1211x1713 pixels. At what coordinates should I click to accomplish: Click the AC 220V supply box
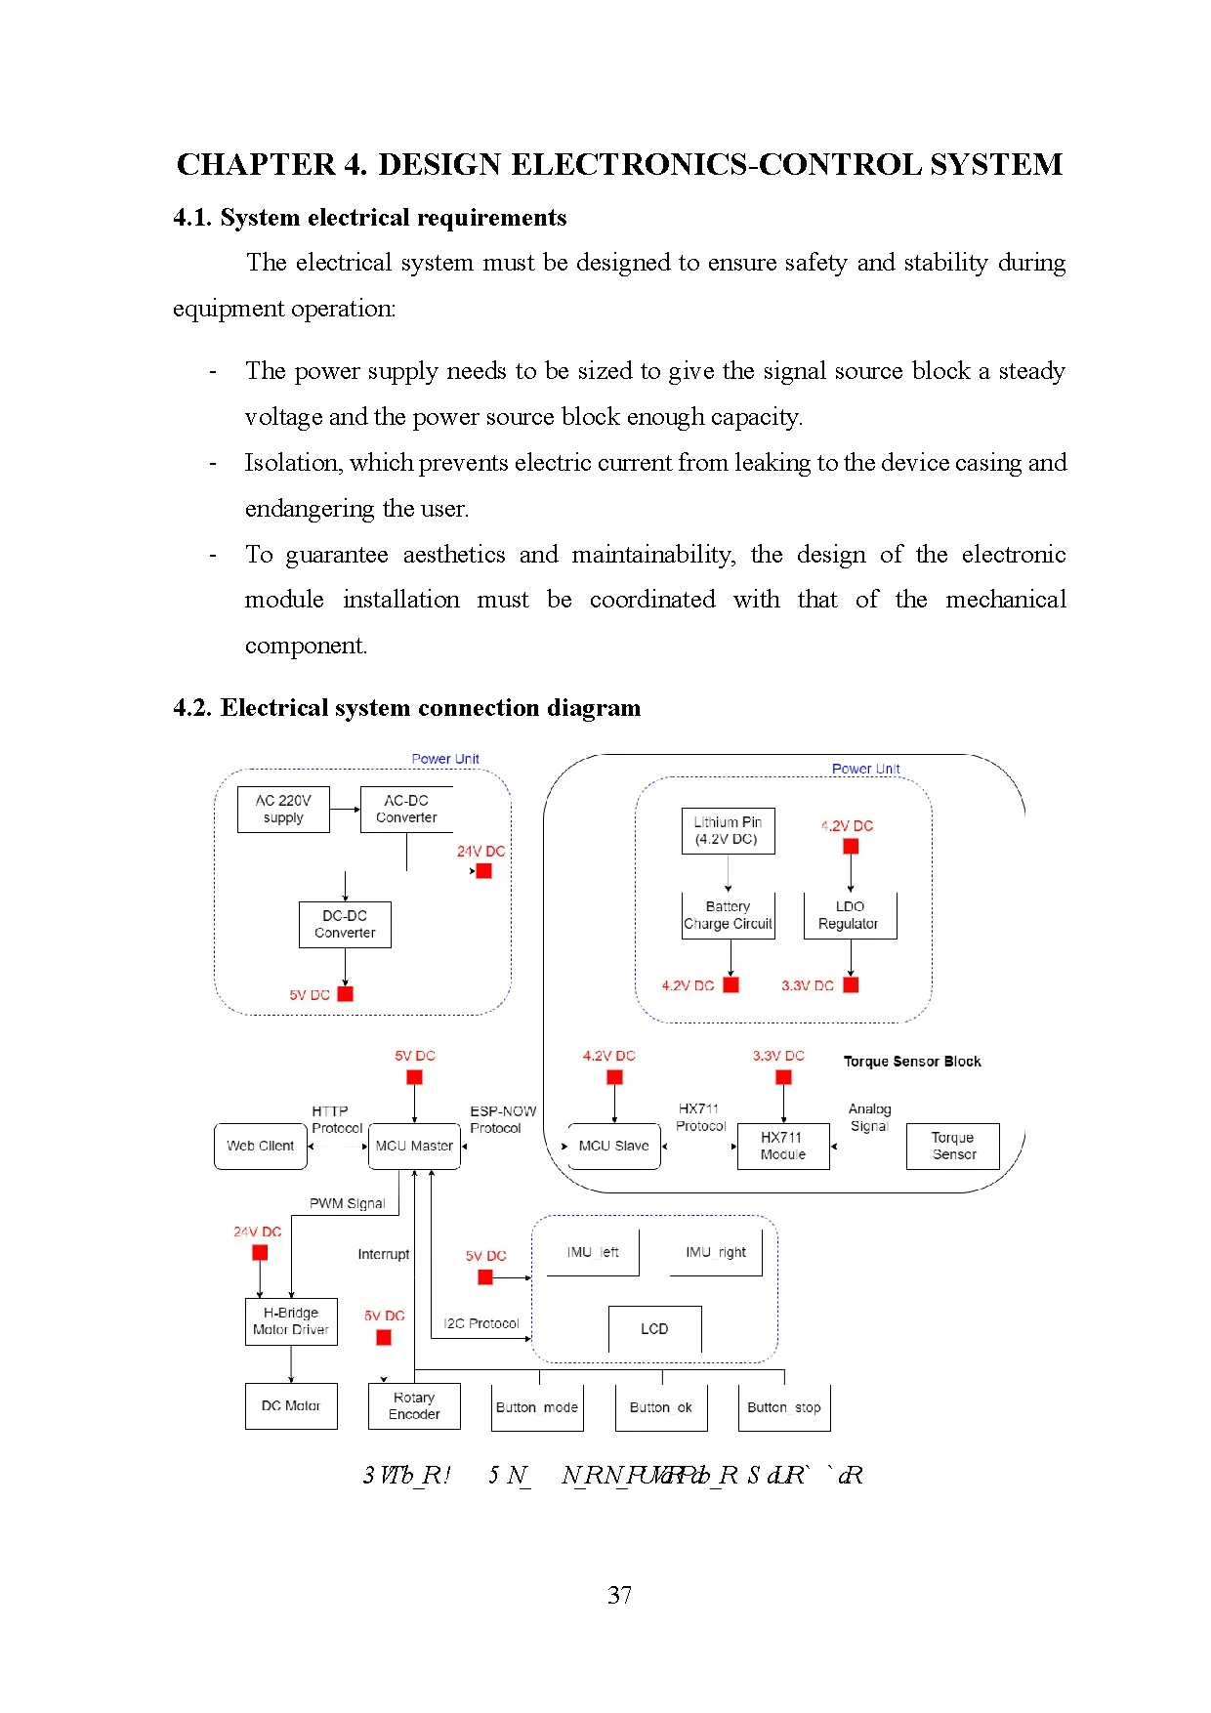click(283, 809)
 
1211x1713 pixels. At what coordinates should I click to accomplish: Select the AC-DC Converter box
click(406, 809)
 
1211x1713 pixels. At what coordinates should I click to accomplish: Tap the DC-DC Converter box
click(345, 924)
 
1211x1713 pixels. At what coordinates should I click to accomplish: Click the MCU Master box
click(414, 1146)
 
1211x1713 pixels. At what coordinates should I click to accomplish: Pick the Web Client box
click(260, 1146)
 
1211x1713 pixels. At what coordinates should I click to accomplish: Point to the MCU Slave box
click(613, 1146)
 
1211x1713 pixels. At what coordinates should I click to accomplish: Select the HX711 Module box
click(783, 1146)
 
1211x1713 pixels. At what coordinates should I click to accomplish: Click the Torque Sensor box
click(952, 1146)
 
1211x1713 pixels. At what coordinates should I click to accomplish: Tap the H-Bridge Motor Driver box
click(291, 1320)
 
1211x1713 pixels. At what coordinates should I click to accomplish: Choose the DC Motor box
click(291, 1405)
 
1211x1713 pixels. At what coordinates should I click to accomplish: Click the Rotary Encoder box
click(414, 1405)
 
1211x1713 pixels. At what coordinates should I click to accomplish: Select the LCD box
click(654, 1328)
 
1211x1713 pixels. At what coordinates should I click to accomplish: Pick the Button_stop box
click(783, 1407)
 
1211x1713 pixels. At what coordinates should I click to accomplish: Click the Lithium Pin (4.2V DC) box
click(728, 830)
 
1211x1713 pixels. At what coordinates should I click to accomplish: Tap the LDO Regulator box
click(850, 915)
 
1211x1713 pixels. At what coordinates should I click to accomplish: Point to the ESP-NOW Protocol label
click(502, 1119)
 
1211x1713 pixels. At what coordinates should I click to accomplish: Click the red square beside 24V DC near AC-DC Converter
click(483, 870)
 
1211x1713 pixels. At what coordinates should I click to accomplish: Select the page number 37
click(619, 1595)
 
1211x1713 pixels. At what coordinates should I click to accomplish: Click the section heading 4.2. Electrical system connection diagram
click(406, 707)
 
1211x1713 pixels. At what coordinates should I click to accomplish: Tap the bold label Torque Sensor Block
click(912, 1061)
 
